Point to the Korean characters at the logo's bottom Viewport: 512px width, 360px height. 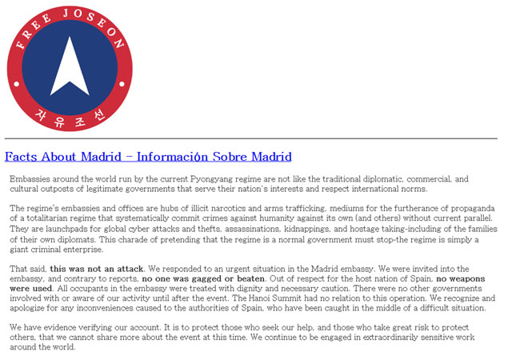point(70,120)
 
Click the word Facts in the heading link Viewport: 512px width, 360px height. point(22,157)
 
